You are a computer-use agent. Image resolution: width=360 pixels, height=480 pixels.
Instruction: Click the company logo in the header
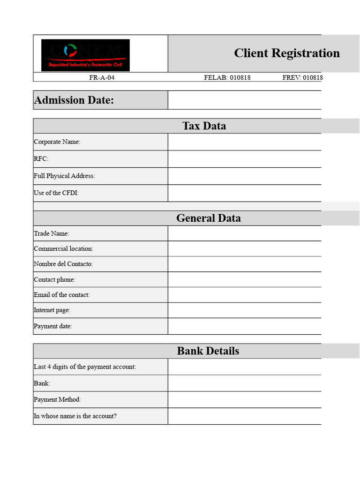(85, 55)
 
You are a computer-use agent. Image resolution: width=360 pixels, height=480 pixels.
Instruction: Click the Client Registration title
(286, 53)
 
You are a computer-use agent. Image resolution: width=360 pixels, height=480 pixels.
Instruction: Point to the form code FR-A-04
(102, 77)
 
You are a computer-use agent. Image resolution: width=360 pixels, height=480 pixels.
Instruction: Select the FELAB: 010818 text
(227, 77)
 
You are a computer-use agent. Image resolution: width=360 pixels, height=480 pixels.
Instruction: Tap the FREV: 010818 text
(302, 77)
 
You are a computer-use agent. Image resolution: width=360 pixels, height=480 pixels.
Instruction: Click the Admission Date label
(74, 100)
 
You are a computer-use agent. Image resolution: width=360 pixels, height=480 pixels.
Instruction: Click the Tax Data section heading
(204, 126)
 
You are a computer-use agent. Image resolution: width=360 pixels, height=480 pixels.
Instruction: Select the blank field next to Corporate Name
(244, 142)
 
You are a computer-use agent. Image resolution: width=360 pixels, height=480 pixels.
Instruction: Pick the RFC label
(41, 159)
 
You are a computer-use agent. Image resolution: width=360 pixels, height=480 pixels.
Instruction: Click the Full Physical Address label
(64, 176)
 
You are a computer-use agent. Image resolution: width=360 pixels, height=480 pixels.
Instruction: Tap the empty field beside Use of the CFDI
(244, 193)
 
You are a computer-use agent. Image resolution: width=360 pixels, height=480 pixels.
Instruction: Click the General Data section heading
(208, 218)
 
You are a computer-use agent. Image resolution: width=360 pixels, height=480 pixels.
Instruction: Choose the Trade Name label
(52, 233)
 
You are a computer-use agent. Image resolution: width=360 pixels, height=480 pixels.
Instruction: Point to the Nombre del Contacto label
(63, 264)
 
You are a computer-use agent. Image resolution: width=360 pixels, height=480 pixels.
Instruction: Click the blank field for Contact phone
(244, 279)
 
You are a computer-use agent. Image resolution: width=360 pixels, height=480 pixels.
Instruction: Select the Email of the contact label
(61, 295)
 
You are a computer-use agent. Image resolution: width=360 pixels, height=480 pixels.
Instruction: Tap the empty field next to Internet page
(244, 310)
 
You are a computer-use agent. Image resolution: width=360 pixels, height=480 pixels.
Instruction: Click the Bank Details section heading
(208, 351)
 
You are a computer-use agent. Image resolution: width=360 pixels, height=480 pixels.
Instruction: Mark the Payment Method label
(57, 399)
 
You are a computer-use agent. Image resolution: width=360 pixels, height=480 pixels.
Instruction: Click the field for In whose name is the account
(244, 416)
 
